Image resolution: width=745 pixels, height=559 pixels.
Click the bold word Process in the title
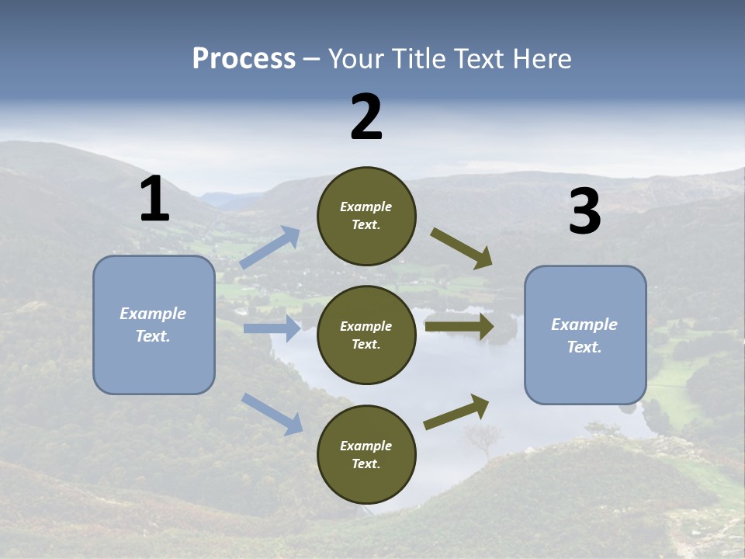(x=244, y=58)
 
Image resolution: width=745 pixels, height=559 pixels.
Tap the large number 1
(x=154, y=200)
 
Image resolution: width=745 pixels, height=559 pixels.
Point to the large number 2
(x=366, y=117)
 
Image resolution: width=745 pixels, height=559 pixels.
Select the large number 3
(x=584, y=212)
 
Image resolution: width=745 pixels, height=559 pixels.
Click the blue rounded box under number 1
(x=154, y=365)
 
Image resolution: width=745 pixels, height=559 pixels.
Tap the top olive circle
(x=366, y=216)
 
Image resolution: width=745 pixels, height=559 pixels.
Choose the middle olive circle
(x=366, y=335)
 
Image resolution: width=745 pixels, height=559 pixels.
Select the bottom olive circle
(x=366, y=454)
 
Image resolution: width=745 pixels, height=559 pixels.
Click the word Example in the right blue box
(x=584, y=325)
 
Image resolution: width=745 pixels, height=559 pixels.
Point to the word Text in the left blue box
(x=152, y=336)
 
